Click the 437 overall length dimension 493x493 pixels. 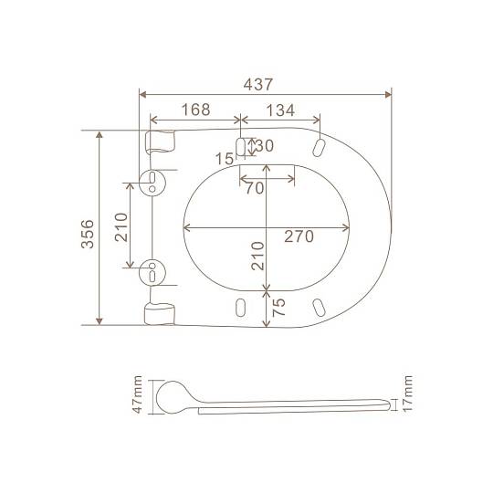pyautogui.click(x=258, y=84)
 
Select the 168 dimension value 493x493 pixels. pyautogui.click(x=196, y=110)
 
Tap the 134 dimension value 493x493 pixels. pyautogui.click(x=280, y=110)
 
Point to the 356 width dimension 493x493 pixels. pyautogui.click(x=88, y=234)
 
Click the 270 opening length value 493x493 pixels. pyautogui.click(x=299, y=236)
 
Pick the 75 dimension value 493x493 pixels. pyautogui.click(x=278, y=307)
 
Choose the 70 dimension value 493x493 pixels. pyautogui.click(x=255, y=188)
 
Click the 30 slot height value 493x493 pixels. pyautogui.click(x=265, y=145)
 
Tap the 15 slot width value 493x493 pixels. pyautogui.click(x=225, y=159)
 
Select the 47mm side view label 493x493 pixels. pyautogui.click(x=137, y=394)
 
